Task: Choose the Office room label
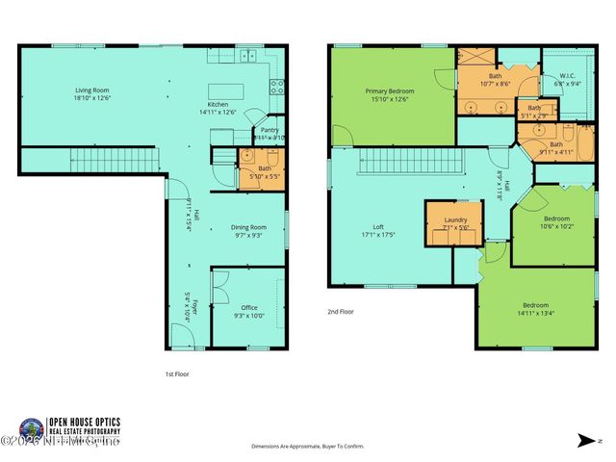(x=248, y=311)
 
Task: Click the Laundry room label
(x=455, y=222)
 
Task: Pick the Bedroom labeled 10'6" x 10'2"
(x=556, y=221)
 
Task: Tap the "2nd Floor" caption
(x=340, y=312)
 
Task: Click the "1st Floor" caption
(x=178, y=373)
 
